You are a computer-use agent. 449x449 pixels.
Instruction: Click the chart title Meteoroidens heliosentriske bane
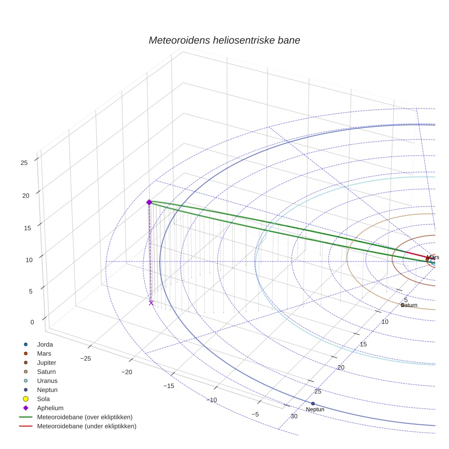224,40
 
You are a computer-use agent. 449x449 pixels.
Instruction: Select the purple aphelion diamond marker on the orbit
149,202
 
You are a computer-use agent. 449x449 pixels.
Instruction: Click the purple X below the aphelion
151,303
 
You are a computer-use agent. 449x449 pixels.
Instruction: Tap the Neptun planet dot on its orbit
313,403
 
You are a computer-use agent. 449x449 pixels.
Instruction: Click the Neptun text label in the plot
315,410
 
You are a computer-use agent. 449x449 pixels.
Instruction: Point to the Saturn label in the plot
409,305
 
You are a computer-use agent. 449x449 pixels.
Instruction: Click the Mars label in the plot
433,257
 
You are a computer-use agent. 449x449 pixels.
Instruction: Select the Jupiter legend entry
47,362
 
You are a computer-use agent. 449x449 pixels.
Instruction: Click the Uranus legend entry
47,381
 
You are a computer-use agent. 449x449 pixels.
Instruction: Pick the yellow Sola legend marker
26,399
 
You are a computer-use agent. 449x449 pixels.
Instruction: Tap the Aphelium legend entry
50,408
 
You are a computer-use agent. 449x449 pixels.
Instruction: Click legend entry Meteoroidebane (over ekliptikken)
84,417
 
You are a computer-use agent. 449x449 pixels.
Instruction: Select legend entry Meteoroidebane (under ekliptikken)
86,426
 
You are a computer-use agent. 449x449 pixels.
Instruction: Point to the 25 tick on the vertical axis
24,162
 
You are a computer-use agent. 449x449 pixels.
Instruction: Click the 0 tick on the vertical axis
32,322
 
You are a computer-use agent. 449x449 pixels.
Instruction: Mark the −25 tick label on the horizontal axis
85,358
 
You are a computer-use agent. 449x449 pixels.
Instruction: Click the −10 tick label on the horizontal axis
211,400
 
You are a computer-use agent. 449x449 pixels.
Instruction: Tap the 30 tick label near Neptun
294,416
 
